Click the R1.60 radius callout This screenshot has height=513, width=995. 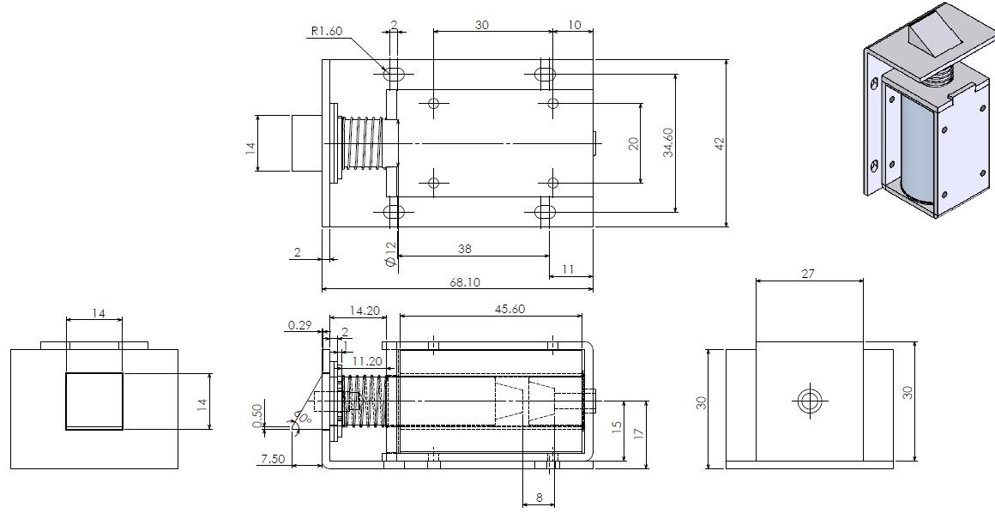(x=327, y=33)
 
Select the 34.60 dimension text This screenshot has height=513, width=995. (x=668, y=142)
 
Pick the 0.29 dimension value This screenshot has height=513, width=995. (x=299, y=325)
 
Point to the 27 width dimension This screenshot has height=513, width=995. (x=807, y=275)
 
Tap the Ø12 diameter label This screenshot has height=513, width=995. (x=390, y=255)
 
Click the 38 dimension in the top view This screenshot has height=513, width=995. (x=464, y=249)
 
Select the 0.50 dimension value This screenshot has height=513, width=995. (x=257, y=414)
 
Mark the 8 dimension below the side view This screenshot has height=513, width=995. (x=539, y=497)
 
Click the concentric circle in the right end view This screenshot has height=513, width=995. (x=809, y=400)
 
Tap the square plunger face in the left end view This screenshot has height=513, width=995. (x=94, y=401)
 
